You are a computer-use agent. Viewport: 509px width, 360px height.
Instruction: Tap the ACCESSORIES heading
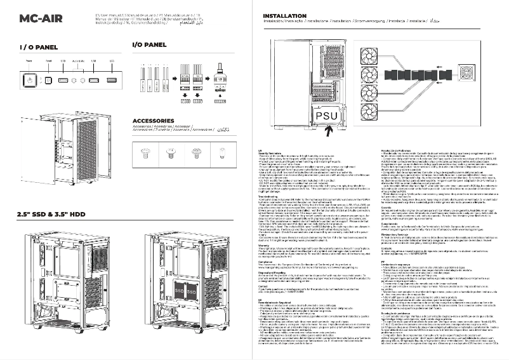[x=157, y=120]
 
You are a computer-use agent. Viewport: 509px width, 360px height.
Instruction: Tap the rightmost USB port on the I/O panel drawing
[x=112, y=81]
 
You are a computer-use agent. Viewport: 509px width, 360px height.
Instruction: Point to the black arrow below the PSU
[x=329, y=131]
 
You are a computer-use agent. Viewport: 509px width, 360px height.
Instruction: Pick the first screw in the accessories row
[x=143, y=151]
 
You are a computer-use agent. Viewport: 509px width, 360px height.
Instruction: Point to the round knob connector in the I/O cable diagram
[x=220, y=67]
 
